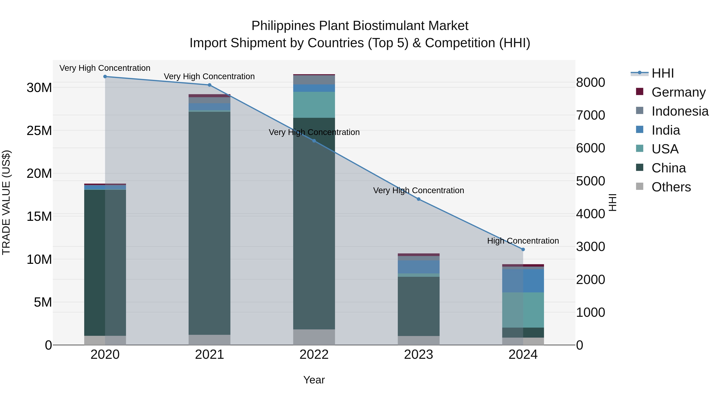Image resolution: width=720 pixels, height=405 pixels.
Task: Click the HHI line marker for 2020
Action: pos(105,77)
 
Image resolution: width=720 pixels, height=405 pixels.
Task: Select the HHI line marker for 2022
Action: pos(314,141)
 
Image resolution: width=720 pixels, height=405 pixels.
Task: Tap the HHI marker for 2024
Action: pos(523,249)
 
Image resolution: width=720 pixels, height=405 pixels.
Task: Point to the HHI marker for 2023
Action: pos(418,199)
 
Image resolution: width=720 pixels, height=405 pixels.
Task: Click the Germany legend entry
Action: pos(678,92)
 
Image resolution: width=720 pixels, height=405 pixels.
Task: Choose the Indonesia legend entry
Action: pos(680,111)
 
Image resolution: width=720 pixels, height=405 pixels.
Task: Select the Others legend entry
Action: pos(671,187)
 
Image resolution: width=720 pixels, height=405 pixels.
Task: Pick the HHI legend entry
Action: pos(662,73)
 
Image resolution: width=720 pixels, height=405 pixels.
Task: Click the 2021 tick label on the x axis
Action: pos(209,355)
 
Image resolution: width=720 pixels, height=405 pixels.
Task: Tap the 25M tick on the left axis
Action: pos(39,131)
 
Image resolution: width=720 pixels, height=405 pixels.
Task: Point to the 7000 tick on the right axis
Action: pos(590,115)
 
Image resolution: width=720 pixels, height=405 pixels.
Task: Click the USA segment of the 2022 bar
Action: pos(314,105)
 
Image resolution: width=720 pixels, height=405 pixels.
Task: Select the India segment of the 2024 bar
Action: pos(523,281)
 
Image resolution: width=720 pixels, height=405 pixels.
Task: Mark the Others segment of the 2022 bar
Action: pos(314,337)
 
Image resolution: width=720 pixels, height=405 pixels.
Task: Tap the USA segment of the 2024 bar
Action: pos(523,310)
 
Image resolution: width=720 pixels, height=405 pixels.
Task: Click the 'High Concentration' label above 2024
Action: pos(523,241)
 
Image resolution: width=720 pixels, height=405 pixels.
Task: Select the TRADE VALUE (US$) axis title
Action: pos(6,202)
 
